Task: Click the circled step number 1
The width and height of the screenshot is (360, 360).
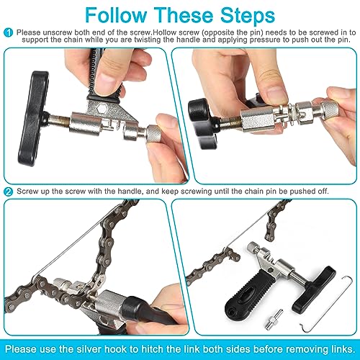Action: pyautogui.click(x=8, y=32)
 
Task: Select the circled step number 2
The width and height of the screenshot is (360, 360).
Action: pyautogui.click(x=8, y=191)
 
